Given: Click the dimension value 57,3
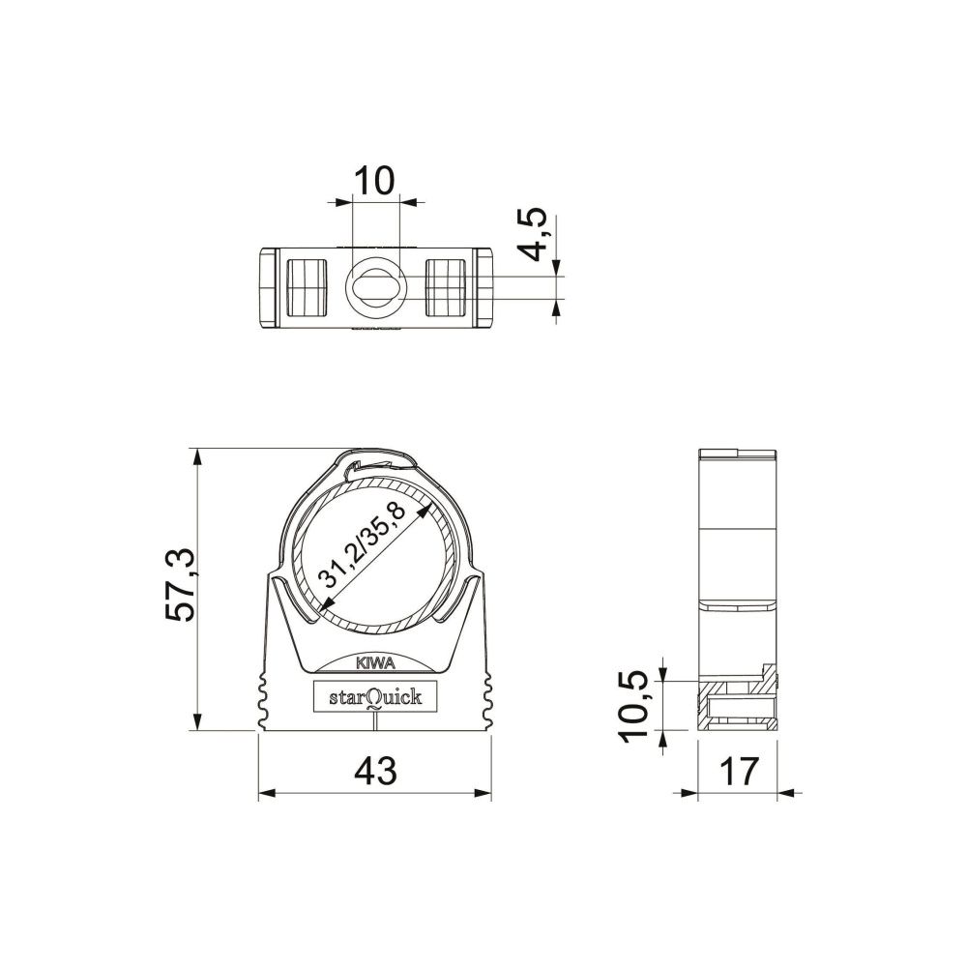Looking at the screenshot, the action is coord(181,584).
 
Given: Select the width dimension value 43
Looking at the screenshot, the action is coord(375,771).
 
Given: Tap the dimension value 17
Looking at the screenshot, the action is coord(738,771).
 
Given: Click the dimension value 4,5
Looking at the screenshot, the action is coord(532,234).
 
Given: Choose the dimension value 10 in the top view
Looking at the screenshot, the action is coord(373,181).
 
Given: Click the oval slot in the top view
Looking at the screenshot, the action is coord(375,287).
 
